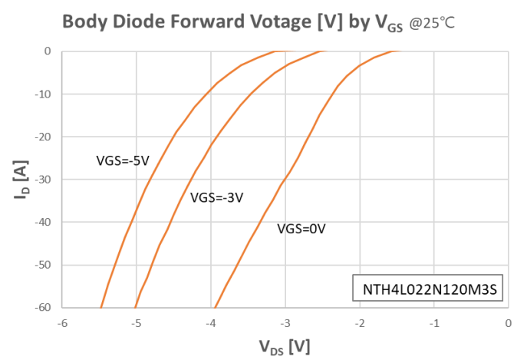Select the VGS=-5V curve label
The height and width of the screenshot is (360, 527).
(122, 160)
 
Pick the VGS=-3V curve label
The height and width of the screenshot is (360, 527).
(217, 197)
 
